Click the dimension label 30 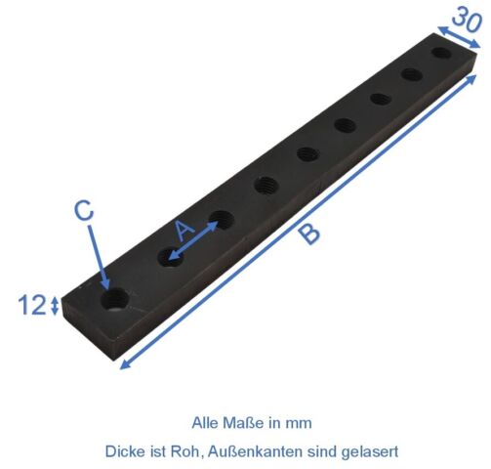467,20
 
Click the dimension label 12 32,305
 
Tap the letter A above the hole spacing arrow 184,230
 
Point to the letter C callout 84,210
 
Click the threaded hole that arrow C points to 115,300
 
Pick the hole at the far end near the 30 441,53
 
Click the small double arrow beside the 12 55,306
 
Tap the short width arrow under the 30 459,37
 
